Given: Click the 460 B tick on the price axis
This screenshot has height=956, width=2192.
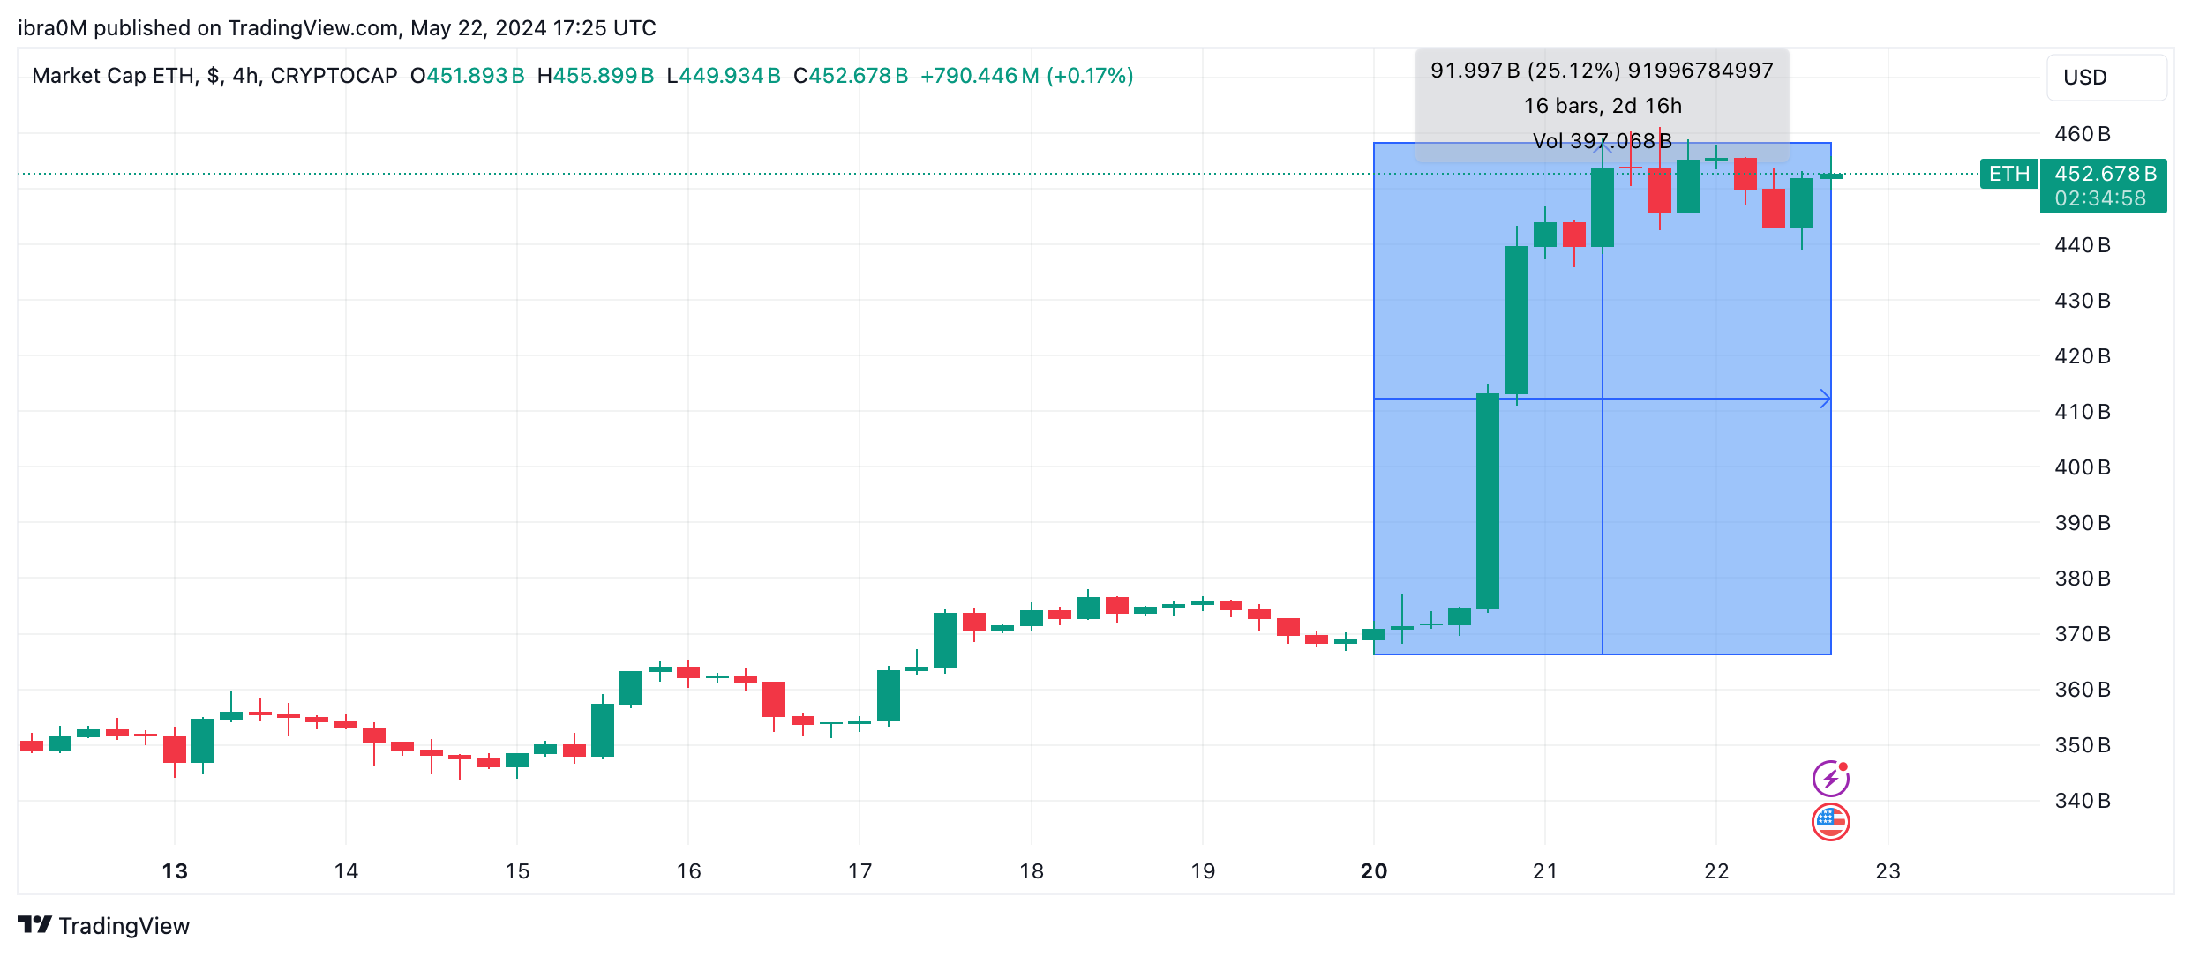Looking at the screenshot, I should (2082, 134).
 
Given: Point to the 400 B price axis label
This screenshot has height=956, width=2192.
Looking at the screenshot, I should (2082, 467).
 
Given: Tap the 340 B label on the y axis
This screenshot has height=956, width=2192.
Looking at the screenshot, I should (2082, 801).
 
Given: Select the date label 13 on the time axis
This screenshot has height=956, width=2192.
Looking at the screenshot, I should (175, 871).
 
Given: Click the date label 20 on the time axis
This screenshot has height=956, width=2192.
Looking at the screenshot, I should (1373, 871).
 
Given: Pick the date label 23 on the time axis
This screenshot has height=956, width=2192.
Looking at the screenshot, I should (1888, 871).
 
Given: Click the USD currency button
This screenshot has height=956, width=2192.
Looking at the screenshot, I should (2106, 78).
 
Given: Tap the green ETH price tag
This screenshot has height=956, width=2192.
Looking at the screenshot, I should (2008, 174).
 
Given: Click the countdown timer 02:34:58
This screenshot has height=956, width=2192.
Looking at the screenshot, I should (2100, 198).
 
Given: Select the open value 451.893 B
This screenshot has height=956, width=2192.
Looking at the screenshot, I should (475, 76).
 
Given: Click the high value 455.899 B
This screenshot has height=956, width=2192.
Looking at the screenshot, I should (603, 76).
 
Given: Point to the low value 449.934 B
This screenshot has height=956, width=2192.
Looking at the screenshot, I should (729, 76).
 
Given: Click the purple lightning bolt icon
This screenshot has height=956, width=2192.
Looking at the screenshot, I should (1830, 779).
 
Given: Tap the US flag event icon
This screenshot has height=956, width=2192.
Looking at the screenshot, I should (1830, 822).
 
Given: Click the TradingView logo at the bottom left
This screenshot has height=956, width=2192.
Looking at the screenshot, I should (103, 925).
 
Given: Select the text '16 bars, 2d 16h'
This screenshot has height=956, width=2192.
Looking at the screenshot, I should (1603, 106).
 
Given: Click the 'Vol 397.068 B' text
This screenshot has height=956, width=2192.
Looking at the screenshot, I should (1603, 141).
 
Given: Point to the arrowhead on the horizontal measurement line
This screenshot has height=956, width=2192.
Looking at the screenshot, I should (1826, 400).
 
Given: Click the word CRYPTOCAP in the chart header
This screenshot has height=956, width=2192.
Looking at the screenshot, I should (334, 76).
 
